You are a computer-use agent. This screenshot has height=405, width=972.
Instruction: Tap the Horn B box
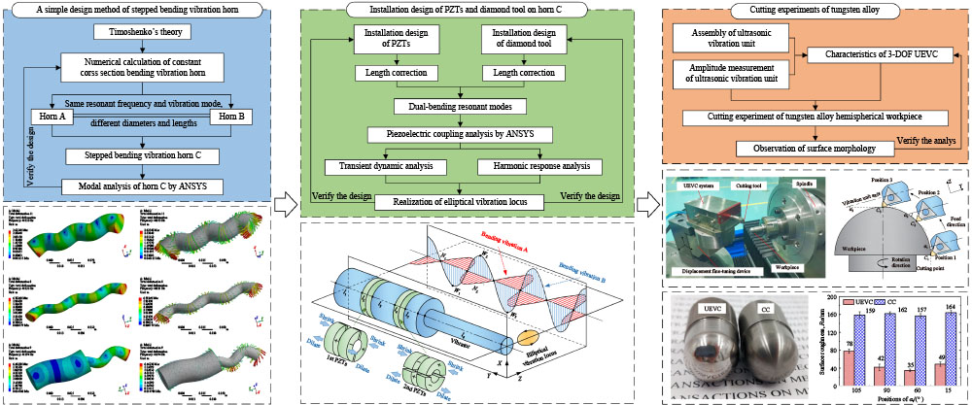[x=226, y=118]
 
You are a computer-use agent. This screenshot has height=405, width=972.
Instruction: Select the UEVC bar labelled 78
[x=850, y=364]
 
